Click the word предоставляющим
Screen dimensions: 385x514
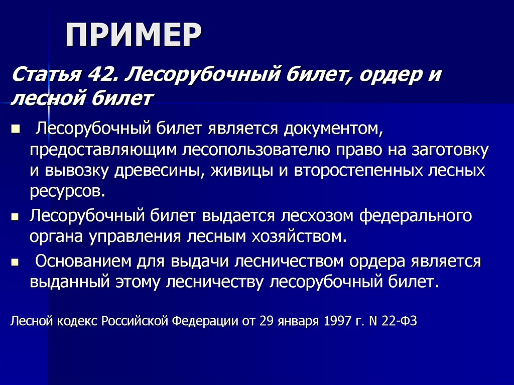(x=102, y=149)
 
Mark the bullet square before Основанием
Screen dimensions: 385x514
(x=15, y=262)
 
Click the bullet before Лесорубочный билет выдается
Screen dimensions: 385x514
(x=15, y=216)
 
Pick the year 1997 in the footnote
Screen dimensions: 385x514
(x=336, y=321)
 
